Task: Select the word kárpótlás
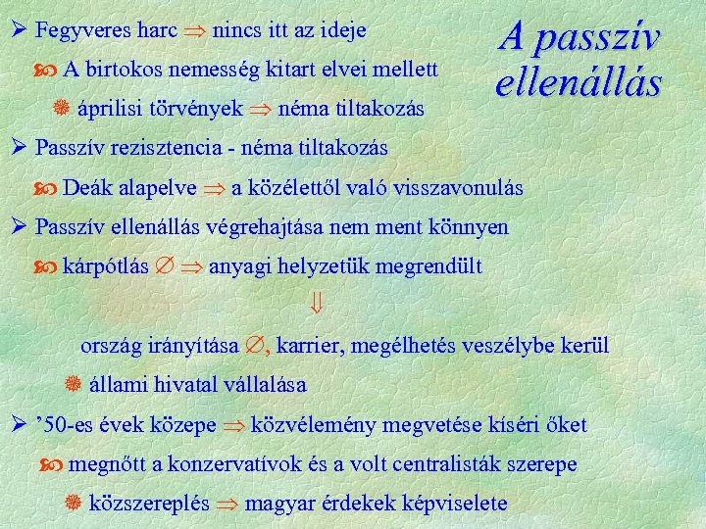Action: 105,266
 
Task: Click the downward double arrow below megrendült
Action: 328,307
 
